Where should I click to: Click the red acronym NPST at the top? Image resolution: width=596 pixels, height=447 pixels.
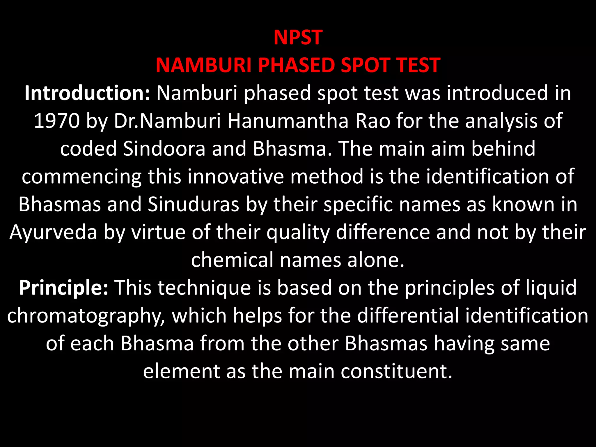[x=298, y=38]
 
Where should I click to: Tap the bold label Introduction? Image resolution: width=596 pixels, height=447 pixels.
[x=87, y=93]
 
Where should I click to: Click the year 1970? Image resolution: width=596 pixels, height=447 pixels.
[x=57, y=121]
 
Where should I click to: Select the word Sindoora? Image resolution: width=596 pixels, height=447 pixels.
[x=164, y=149]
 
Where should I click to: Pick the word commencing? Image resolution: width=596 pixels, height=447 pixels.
[x=81, y=177]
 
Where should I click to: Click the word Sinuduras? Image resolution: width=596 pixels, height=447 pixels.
[x=193, y=204]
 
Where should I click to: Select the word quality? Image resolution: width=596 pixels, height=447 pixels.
[x=298, y=232]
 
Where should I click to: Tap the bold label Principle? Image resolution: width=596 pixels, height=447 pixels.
[x=63, y=288]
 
